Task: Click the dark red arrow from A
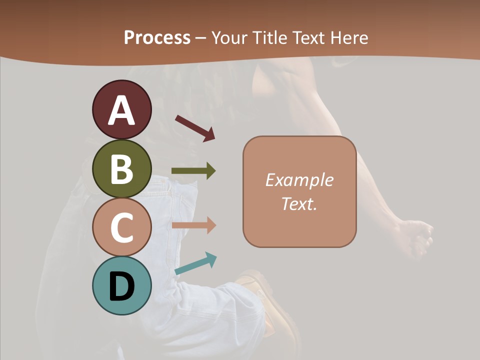(x=195, y=128)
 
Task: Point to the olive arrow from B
(x=193, y=171)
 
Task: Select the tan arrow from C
(x=193, y=225)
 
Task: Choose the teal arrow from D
(x=196, y=263)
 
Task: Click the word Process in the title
(x=157, y=37)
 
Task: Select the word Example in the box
(x=299, y=180)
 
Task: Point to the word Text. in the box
(x=299, y=203)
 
